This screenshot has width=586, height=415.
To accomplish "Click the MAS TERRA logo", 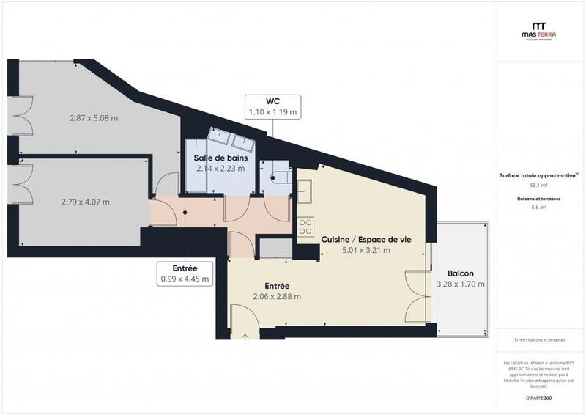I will click(537, 29).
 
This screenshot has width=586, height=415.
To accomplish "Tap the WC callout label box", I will click(272, 107).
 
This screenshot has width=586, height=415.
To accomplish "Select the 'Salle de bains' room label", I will click(220, 158).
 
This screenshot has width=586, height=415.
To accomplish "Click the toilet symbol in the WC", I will click(278, 177).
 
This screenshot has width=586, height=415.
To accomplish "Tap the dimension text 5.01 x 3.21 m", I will click(366, 250).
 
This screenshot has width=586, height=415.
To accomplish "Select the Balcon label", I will click(461, 273).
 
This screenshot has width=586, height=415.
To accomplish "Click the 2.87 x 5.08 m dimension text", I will click(94, 118).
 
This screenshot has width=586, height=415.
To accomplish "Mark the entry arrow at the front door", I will click(245, 337).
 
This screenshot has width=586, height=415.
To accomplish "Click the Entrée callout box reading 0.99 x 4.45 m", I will click(185, 273).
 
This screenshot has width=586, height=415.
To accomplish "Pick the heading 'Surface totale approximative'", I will click(537, 175).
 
